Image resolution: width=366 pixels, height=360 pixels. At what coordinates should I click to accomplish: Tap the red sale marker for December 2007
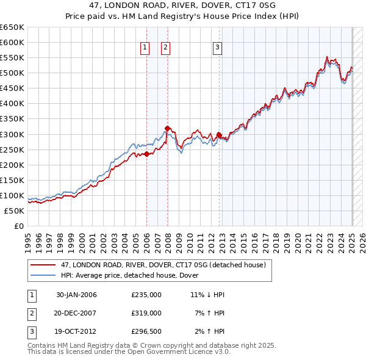[x=167, y=128]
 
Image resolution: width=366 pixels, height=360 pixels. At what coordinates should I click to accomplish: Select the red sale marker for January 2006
[x=146, y=154]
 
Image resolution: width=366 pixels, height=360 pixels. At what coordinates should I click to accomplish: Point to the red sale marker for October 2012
[x=219, y=135]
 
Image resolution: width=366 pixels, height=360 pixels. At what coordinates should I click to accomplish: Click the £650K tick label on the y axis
[x=12, y=27]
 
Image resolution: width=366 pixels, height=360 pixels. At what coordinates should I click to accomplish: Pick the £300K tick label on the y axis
[x=12, y=134]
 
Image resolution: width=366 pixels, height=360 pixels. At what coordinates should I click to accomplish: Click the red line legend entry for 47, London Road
[x=163, y=265]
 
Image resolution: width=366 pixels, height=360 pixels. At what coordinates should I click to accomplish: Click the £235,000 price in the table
[x=146, y=295]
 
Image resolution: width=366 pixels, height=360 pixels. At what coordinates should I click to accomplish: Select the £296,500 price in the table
[x=146, y=331]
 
